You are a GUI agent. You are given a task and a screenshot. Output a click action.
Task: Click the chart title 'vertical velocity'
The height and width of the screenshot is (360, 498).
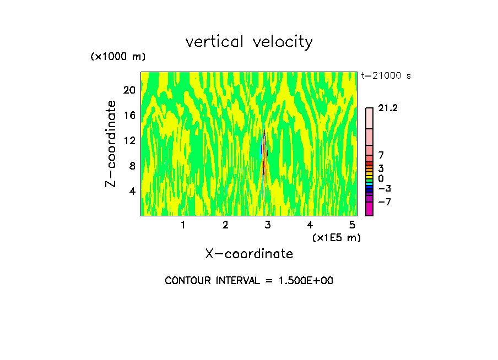coord(249,42)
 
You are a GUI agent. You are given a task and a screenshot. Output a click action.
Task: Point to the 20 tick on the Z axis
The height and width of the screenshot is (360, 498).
coord(129,90)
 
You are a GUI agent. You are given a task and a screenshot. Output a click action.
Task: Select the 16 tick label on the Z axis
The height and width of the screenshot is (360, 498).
coord(129,115)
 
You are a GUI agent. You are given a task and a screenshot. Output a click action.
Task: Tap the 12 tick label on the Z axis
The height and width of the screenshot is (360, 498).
coord(129,140)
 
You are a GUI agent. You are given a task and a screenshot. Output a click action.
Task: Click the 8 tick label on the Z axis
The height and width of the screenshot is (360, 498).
coord(132,166)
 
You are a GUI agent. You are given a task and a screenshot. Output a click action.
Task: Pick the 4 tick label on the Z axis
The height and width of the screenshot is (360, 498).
coord(132,191)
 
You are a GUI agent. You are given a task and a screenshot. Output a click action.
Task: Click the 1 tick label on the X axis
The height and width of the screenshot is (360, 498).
coord(183,225)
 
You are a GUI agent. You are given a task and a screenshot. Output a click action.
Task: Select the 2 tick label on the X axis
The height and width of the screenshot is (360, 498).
coord(225,225)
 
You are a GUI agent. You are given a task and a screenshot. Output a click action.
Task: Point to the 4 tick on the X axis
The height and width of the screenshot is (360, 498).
coord(310,225)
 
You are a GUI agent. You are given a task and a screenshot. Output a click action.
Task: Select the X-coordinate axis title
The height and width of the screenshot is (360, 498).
coord(249,254)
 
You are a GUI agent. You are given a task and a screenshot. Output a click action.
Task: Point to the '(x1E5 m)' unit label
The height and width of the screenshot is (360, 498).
coord(336,237)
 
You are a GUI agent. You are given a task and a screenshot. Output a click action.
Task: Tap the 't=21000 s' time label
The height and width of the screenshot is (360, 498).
coord(386,76)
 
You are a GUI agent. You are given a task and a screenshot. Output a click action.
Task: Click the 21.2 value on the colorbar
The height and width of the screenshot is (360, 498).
coord(388,108)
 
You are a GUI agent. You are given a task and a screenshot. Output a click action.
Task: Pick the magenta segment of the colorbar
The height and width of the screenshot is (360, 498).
coord(369,209)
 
